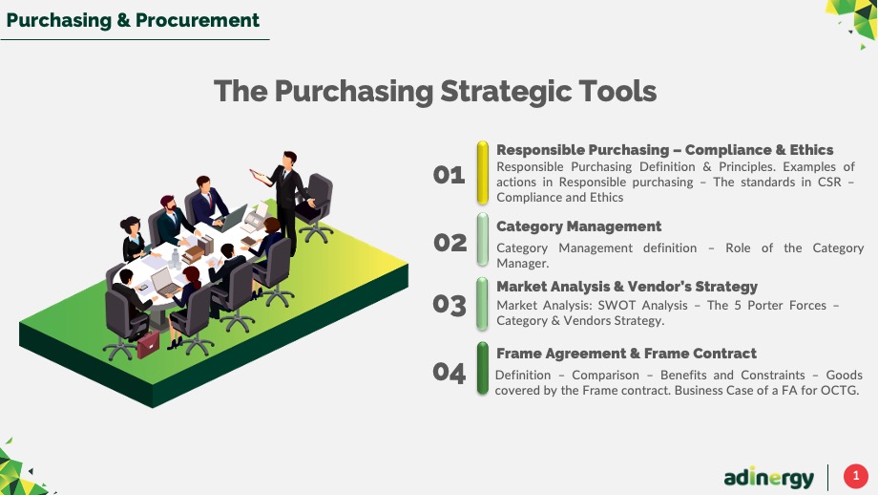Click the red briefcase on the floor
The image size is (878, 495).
(148, 344)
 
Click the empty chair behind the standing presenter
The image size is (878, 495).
(315, 208)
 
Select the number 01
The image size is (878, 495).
(449, 175)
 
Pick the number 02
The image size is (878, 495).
(449, 243)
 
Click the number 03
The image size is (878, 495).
(449, 305)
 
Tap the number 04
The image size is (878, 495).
(449, 373)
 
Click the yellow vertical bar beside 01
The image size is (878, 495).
(482, 173)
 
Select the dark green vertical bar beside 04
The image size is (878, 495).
(482, 369)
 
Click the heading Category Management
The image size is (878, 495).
(578, 226)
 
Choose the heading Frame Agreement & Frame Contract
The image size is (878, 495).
(626, 354)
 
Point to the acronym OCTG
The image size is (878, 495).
(839, 390)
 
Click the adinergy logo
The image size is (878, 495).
(769, 478)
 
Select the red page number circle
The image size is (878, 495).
(856, 477)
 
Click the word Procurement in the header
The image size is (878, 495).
(198, 20)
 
